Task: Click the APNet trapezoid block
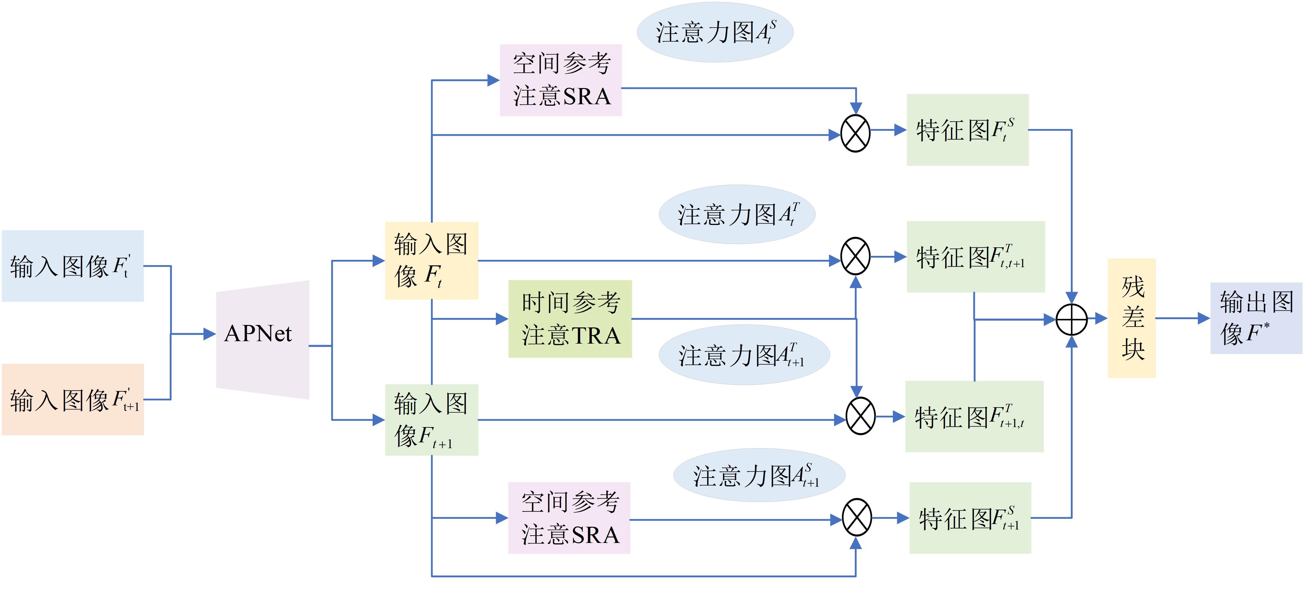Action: pyautogui.click(x=262, y=339)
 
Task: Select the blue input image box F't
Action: pyautogui.click(x=73, y=266)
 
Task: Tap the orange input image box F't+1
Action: pyautogui.click(x=73, y=399)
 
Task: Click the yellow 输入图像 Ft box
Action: pyautogui.click(x=431, y=260)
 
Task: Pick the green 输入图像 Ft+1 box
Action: pyautogui.click(x=431, y=420)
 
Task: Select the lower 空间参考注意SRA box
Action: pyautogui.click(x=569, y=518)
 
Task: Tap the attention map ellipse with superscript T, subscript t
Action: pyautogui.click(x=737, y=214)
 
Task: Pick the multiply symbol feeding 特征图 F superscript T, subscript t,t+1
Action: pyautogui.click(x=856, y=256)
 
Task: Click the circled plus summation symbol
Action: pyautogui.click(x=1071, y=319)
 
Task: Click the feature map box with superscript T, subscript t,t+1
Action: pyautogui.click(x=975, y=256)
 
